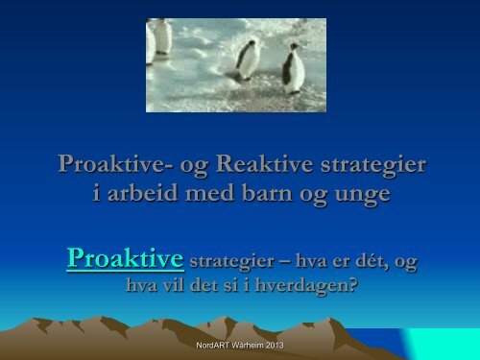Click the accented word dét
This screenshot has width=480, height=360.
pyautogui.click(x=353, y=260)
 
